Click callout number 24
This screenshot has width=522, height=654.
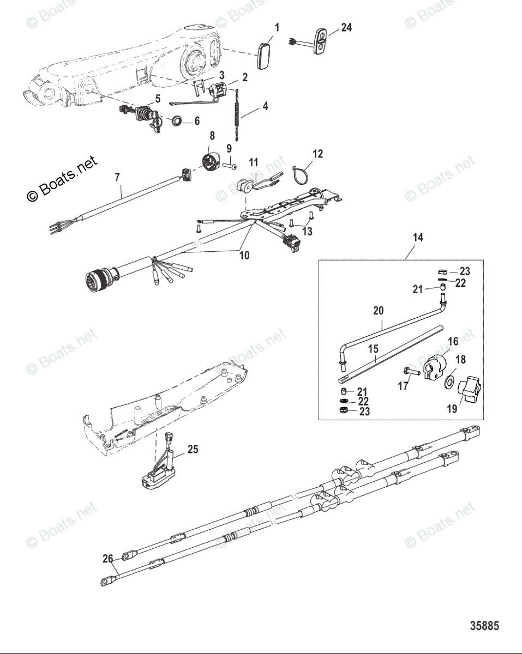pyautogui.click(x=346, y=27)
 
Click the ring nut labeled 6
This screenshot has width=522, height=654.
pyautogui.click(x=177, y=120)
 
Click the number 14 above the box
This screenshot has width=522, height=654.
pyautogui.click(x=418, y=238)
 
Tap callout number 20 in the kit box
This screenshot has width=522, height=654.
pyautogui.click(x=378, y=311)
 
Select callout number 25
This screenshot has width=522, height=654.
pyautogui.click(x=193, y=450)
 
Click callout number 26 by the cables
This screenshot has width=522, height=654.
pyautogui.click(x=108, y=559)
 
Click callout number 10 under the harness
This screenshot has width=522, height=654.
pyautogui.click(x=244, y=255)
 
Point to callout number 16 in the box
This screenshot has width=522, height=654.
pyautogui.click(x=453, y=342)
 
